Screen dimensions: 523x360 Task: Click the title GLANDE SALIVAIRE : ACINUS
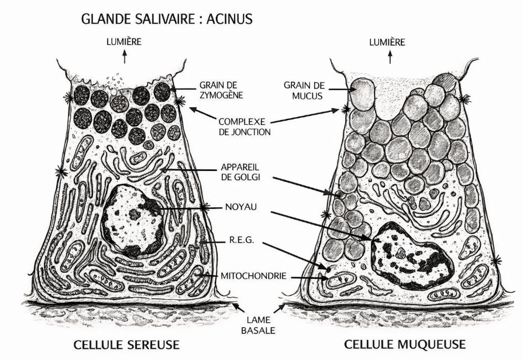[x=167, y=19]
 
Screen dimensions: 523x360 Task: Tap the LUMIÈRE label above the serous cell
[x=124, y=42]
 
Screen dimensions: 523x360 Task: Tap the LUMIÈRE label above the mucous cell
[x=387, y=42]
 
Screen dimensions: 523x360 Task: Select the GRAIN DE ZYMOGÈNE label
[x=221, y=90]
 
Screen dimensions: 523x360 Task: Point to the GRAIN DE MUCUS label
[x=304, y=90]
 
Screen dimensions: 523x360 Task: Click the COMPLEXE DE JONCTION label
[x=245, y=126]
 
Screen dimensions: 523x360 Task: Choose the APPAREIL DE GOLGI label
[x=240, y=172]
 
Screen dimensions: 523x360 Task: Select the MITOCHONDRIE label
[x=253, y=276]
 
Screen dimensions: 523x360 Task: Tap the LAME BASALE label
[x=258, y=325]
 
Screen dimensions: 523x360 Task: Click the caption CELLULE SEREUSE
[x=126, y=345]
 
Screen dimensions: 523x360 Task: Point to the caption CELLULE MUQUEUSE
[x=405, y=344]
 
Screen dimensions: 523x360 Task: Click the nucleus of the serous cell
[x=133, y=221]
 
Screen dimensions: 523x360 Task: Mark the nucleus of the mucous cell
[x=412, y=256]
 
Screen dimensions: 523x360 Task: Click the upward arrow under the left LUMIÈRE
[x=125, y=56]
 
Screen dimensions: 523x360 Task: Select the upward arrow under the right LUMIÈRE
[x=390, y=57]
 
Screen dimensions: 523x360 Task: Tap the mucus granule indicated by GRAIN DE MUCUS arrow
[x=363, y=94]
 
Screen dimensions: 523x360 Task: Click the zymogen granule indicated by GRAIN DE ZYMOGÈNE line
[x=163, y=92]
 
